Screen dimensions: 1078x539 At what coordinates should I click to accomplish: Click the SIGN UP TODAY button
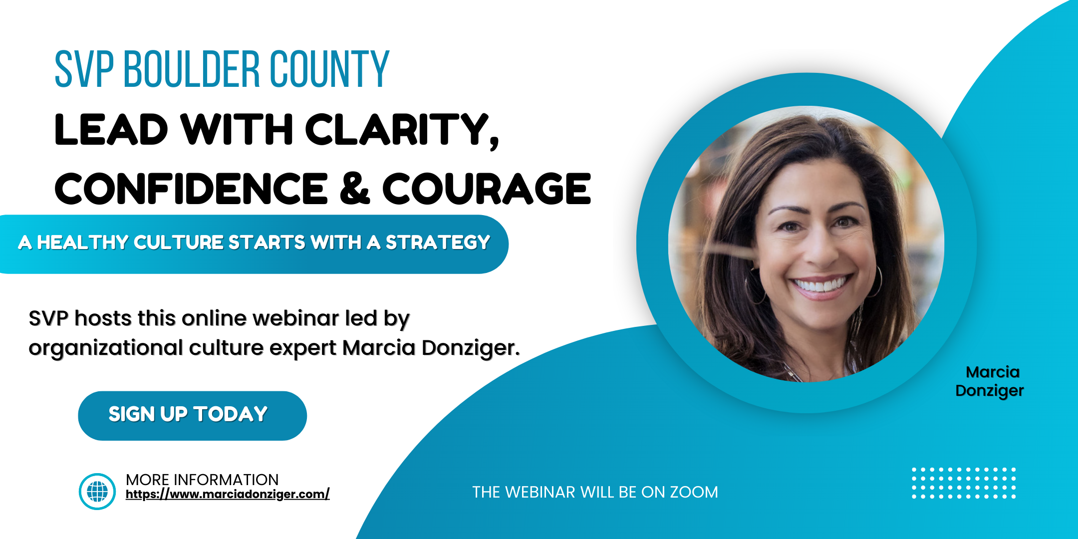click(x=192, y=416)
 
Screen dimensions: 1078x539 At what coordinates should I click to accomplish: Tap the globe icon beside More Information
click(x=97, y=492)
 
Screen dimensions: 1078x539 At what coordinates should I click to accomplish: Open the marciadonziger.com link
click(x=228, y=494)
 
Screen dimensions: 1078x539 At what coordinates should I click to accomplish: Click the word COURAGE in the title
click(x=487, y=189)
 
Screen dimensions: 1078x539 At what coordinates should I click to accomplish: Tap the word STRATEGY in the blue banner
click(x=438, y=243)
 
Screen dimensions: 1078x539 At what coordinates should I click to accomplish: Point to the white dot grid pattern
click(x=964, y=483)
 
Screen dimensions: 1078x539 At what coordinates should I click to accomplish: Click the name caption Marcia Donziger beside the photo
click(x=990, y=382)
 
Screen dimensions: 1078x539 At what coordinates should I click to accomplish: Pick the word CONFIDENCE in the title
click(x=191, y=189)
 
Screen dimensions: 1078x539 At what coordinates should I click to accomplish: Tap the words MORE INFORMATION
click(x=202, y=480)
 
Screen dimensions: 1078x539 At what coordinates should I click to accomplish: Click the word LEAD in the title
click(x=111, y=130)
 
